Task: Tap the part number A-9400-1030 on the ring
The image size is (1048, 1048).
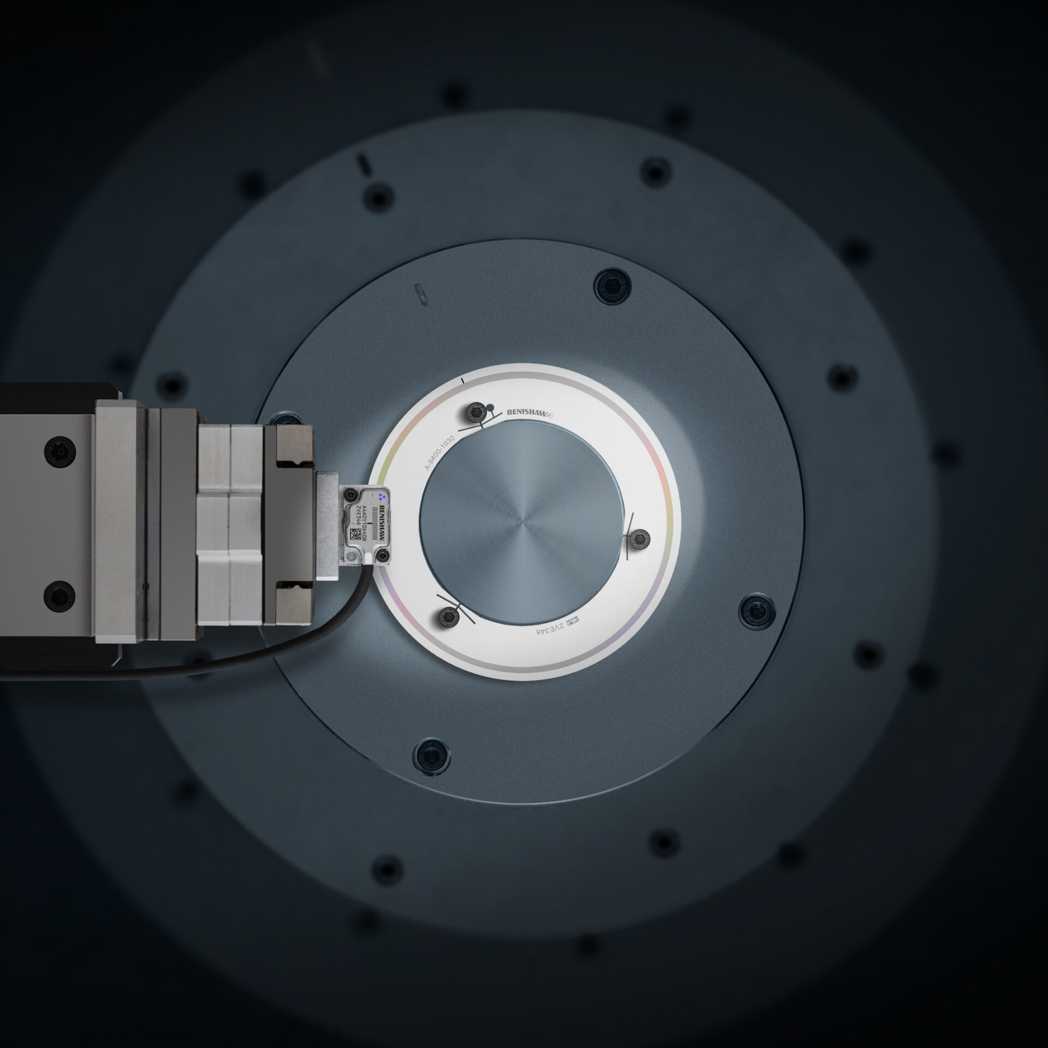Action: point(440,452)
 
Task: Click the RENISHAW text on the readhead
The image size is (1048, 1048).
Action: point(382,523)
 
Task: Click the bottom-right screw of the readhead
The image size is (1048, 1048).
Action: point(387,557)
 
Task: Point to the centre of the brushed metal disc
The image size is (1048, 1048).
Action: point(522,521)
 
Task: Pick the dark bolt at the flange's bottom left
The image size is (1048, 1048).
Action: point(432,755)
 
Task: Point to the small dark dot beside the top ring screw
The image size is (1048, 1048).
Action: point(491,407)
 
